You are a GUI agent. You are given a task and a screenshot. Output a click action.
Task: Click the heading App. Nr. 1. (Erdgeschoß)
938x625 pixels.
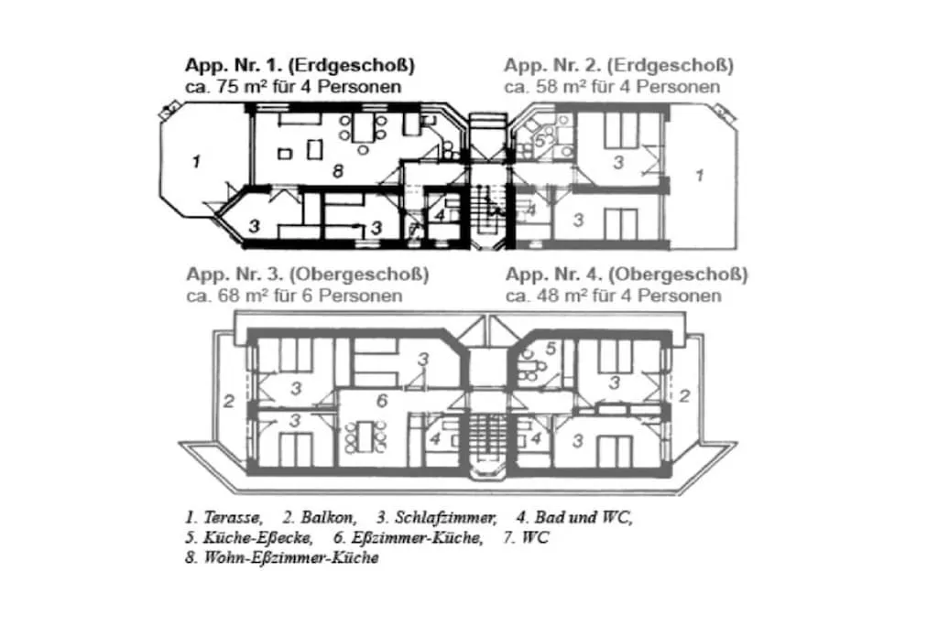300,66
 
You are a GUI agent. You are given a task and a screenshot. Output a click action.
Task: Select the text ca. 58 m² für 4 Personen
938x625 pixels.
612,87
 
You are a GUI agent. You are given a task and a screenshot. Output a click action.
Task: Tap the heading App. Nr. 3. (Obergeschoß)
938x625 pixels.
307,275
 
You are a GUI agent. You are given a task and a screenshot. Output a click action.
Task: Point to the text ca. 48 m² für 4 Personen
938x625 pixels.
613,296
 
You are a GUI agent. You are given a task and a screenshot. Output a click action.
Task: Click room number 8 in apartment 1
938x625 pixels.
338,171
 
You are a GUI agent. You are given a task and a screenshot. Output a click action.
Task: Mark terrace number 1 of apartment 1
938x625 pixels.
195,162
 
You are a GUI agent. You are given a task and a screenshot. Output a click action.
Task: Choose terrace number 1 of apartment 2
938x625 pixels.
700,175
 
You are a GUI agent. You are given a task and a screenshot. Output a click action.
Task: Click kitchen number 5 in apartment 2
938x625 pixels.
540,142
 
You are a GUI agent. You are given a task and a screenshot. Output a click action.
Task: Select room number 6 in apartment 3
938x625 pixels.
383,400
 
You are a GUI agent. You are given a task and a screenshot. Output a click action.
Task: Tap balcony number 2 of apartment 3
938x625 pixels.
230,400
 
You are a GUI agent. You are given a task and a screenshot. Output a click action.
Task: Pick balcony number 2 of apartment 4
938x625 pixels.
684,396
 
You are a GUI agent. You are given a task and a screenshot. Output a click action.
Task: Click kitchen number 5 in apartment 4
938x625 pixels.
551,348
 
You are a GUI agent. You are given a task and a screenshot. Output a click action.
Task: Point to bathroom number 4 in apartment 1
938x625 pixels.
441,215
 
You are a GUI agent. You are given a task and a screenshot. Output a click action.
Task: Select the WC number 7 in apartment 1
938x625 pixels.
413,229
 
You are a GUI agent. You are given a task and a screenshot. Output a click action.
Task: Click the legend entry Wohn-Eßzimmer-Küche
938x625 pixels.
280,558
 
